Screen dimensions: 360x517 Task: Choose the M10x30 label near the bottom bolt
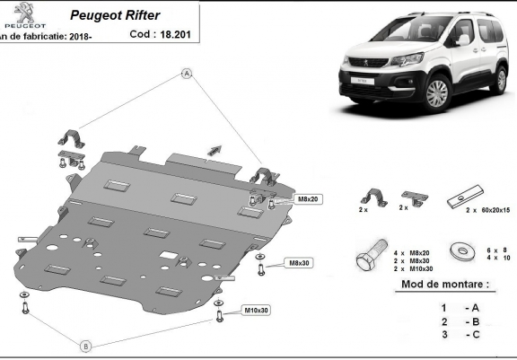pyautogui.click(x=256, y=311)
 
